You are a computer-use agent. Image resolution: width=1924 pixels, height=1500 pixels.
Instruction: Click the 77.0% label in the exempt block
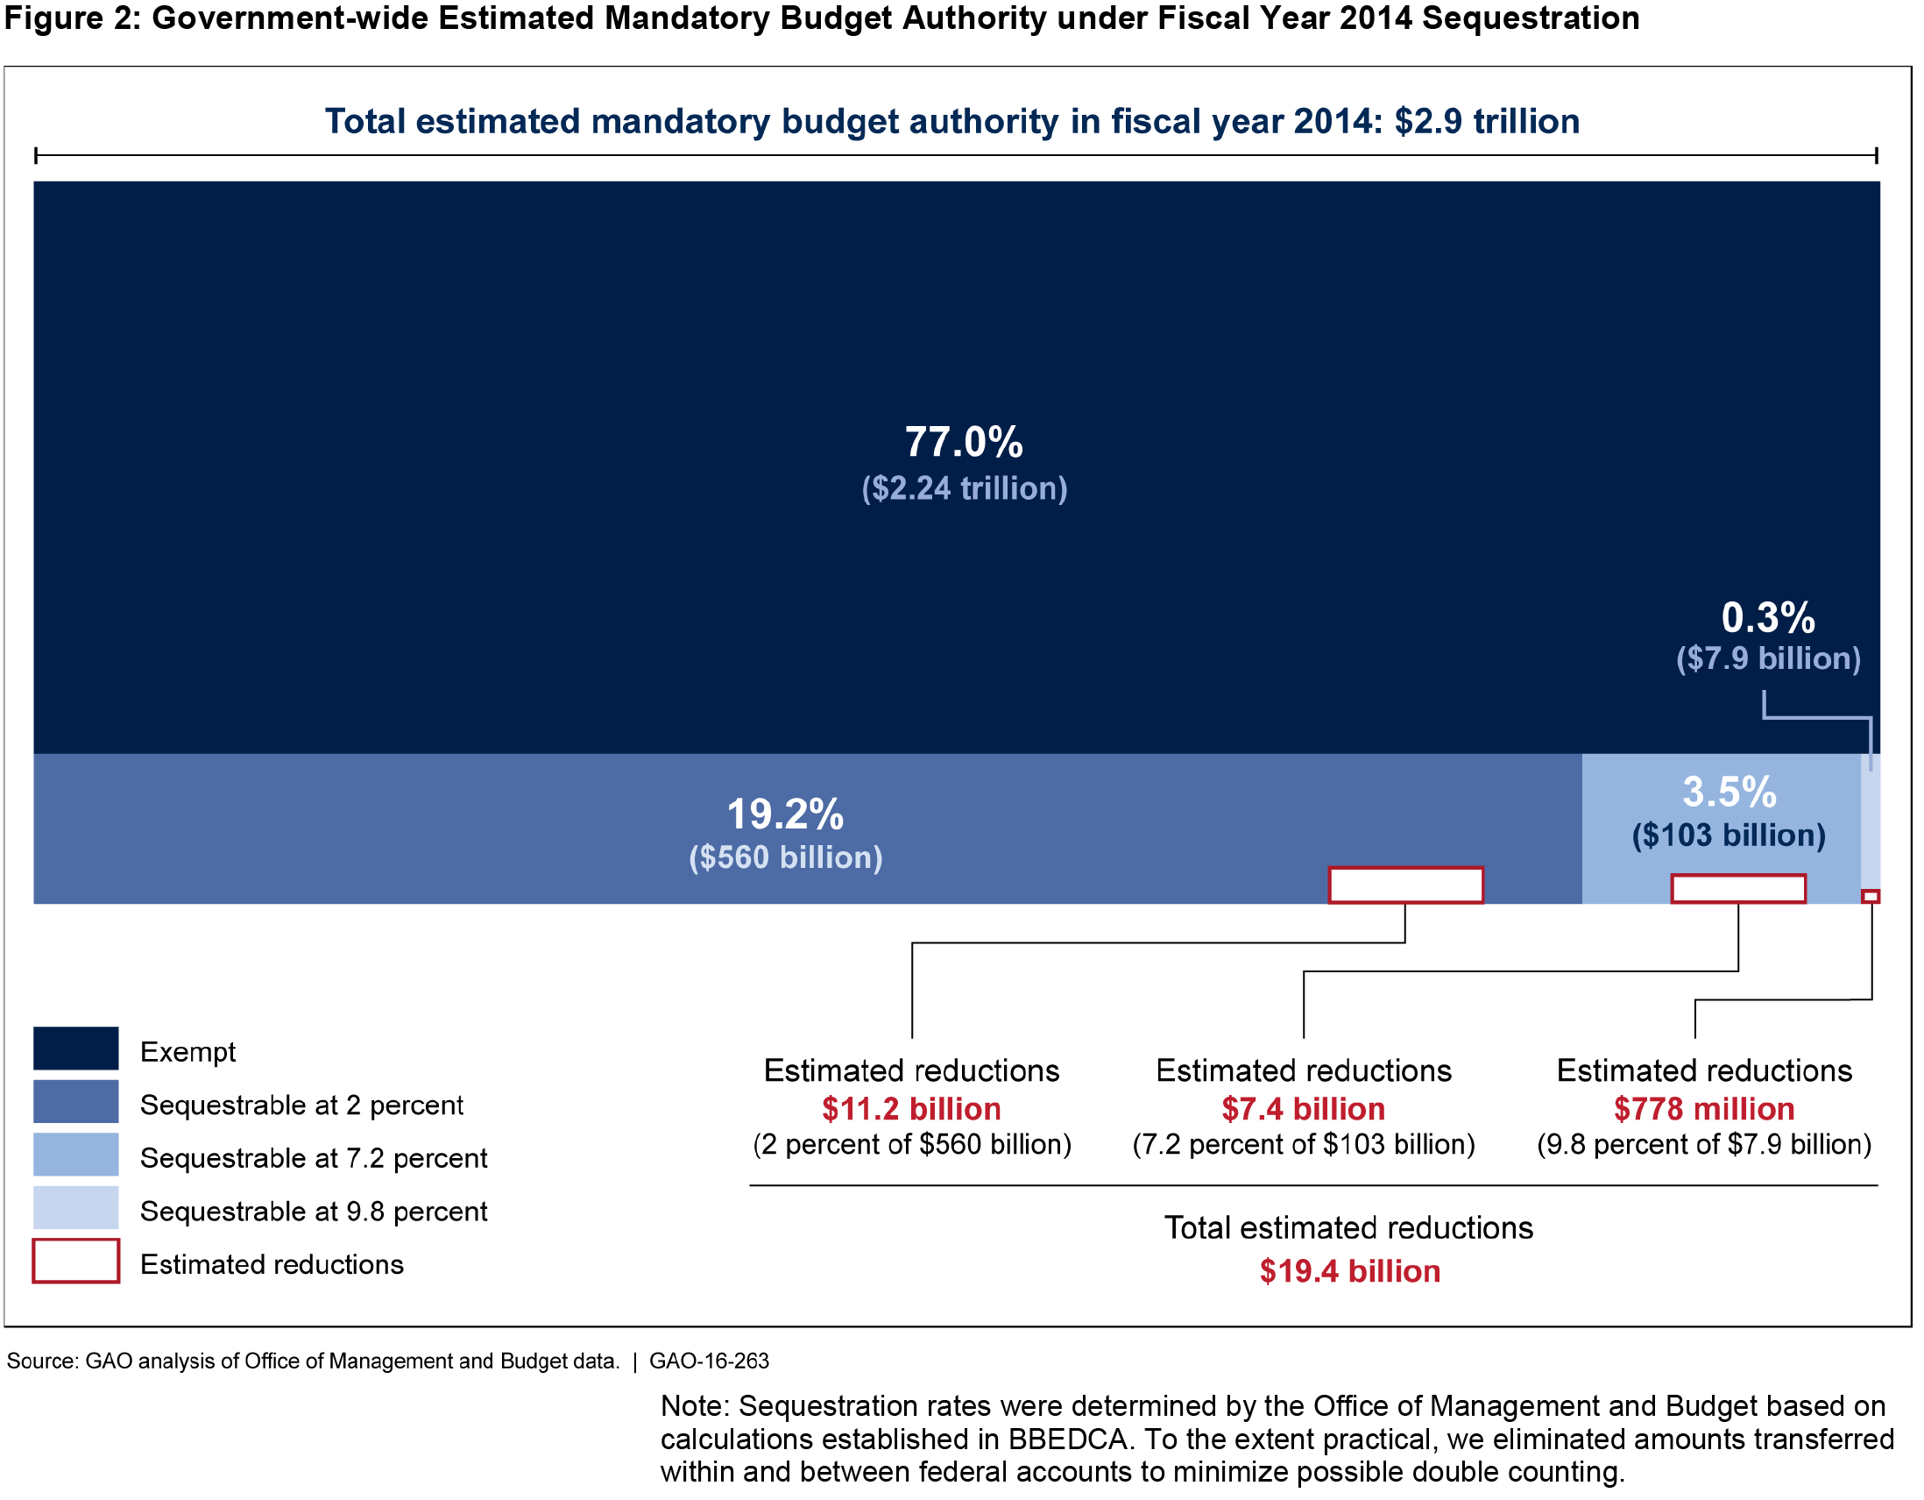coord(964,443)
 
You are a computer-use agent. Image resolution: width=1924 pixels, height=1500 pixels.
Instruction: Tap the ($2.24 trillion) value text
coord(964,488)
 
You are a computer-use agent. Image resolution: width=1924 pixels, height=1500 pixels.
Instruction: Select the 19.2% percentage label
coord(785,814)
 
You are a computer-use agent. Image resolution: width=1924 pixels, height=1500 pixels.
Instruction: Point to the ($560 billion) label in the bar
coord(785,857)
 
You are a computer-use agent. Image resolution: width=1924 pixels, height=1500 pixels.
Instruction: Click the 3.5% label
coord(1729,792)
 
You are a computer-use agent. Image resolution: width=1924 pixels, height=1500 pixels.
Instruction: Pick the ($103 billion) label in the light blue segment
coord(1729,835)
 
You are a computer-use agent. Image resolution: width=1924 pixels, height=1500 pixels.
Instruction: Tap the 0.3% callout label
coord(1767,618)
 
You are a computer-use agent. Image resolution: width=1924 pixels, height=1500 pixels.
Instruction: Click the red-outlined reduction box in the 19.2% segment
coord(1405,885)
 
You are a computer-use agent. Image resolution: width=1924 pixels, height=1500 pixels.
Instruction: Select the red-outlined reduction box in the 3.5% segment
coord(1738,889)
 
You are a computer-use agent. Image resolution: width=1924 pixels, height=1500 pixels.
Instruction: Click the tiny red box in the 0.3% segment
coord(1871,896)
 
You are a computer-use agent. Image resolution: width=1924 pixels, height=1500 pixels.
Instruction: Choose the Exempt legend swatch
coord(75,1049)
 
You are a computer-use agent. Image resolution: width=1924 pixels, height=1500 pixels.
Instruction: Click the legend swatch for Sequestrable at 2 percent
coord(75,1102)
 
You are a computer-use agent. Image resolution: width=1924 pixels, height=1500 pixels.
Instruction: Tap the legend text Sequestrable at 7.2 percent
coord(313,1158)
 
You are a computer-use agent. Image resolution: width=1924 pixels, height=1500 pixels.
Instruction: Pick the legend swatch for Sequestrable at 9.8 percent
coord(75,1208)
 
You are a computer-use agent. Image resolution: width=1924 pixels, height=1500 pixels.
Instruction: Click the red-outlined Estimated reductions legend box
coord(75,1262)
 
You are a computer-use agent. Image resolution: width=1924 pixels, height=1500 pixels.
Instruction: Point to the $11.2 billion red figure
coord(911,1109)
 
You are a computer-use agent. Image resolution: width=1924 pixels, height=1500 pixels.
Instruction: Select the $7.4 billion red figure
coord(1303,1109)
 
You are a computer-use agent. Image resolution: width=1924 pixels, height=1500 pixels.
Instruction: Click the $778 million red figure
coord(1704,1109)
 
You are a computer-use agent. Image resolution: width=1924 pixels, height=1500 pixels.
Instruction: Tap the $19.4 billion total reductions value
coord(1349,1272)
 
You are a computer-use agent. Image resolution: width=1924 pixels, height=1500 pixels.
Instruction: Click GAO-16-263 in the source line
coord(709,1361)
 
